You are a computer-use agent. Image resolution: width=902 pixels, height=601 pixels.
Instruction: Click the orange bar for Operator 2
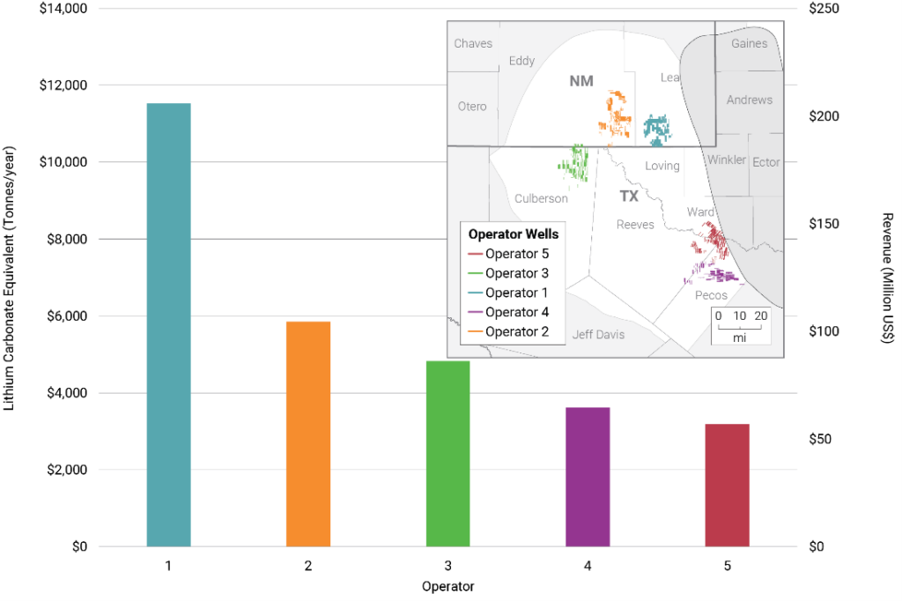point(308,434)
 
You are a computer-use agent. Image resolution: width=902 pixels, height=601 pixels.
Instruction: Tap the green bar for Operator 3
point(447,453)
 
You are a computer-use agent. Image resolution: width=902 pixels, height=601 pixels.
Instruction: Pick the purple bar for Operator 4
point(588,476)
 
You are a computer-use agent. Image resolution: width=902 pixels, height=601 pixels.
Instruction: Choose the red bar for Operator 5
point(728,485)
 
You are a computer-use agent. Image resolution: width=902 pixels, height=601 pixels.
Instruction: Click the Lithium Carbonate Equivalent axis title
point(10,278)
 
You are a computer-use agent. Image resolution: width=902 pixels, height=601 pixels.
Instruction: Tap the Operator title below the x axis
point(447,586)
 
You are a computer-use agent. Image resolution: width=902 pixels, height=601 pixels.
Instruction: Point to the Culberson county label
point(541,198)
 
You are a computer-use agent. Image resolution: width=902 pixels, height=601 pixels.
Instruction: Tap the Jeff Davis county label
point(596,334)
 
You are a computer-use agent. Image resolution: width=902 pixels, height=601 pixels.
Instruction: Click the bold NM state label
point(581,81)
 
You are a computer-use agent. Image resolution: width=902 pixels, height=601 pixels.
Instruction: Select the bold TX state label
point(628,196)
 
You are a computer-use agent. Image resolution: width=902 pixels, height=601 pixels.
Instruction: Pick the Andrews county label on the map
point(749,100)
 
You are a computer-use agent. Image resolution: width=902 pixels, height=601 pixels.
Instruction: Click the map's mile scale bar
point(740,326)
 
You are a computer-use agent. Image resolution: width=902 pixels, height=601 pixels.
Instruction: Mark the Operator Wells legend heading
point(513,234)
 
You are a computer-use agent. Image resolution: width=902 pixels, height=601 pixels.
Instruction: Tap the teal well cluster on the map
point(656,129)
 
